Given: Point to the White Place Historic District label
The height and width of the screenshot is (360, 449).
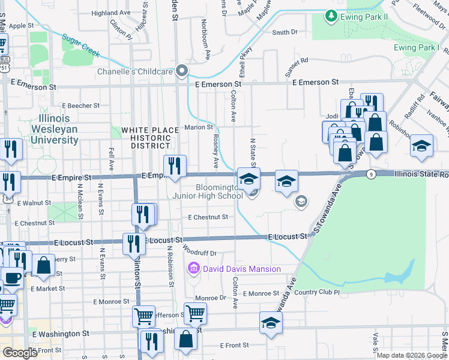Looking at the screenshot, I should (150, 137).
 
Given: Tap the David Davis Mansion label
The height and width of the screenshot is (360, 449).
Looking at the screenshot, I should (242, 268).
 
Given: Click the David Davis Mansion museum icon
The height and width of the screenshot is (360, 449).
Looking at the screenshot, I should (194, 268).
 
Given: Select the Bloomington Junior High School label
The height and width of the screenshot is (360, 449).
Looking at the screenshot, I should (218, 191).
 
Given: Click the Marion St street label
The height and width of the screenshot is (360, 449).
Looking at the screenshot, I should (199, 127).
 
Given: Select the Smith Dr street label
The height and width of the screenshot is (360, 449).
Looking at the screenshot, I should (285, 33).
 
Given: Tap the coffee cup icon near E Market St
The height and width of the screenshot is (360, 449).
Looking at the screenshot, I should (13, 277).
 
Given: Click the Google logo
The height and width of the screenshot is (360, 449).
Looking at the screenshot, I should (20, 353).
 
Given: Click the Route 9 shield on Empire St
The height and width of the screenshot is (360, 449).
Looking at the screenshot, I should (372, 174).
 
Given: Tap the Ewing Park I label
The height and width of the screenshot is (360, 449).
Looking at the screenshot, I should (417, 47).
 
